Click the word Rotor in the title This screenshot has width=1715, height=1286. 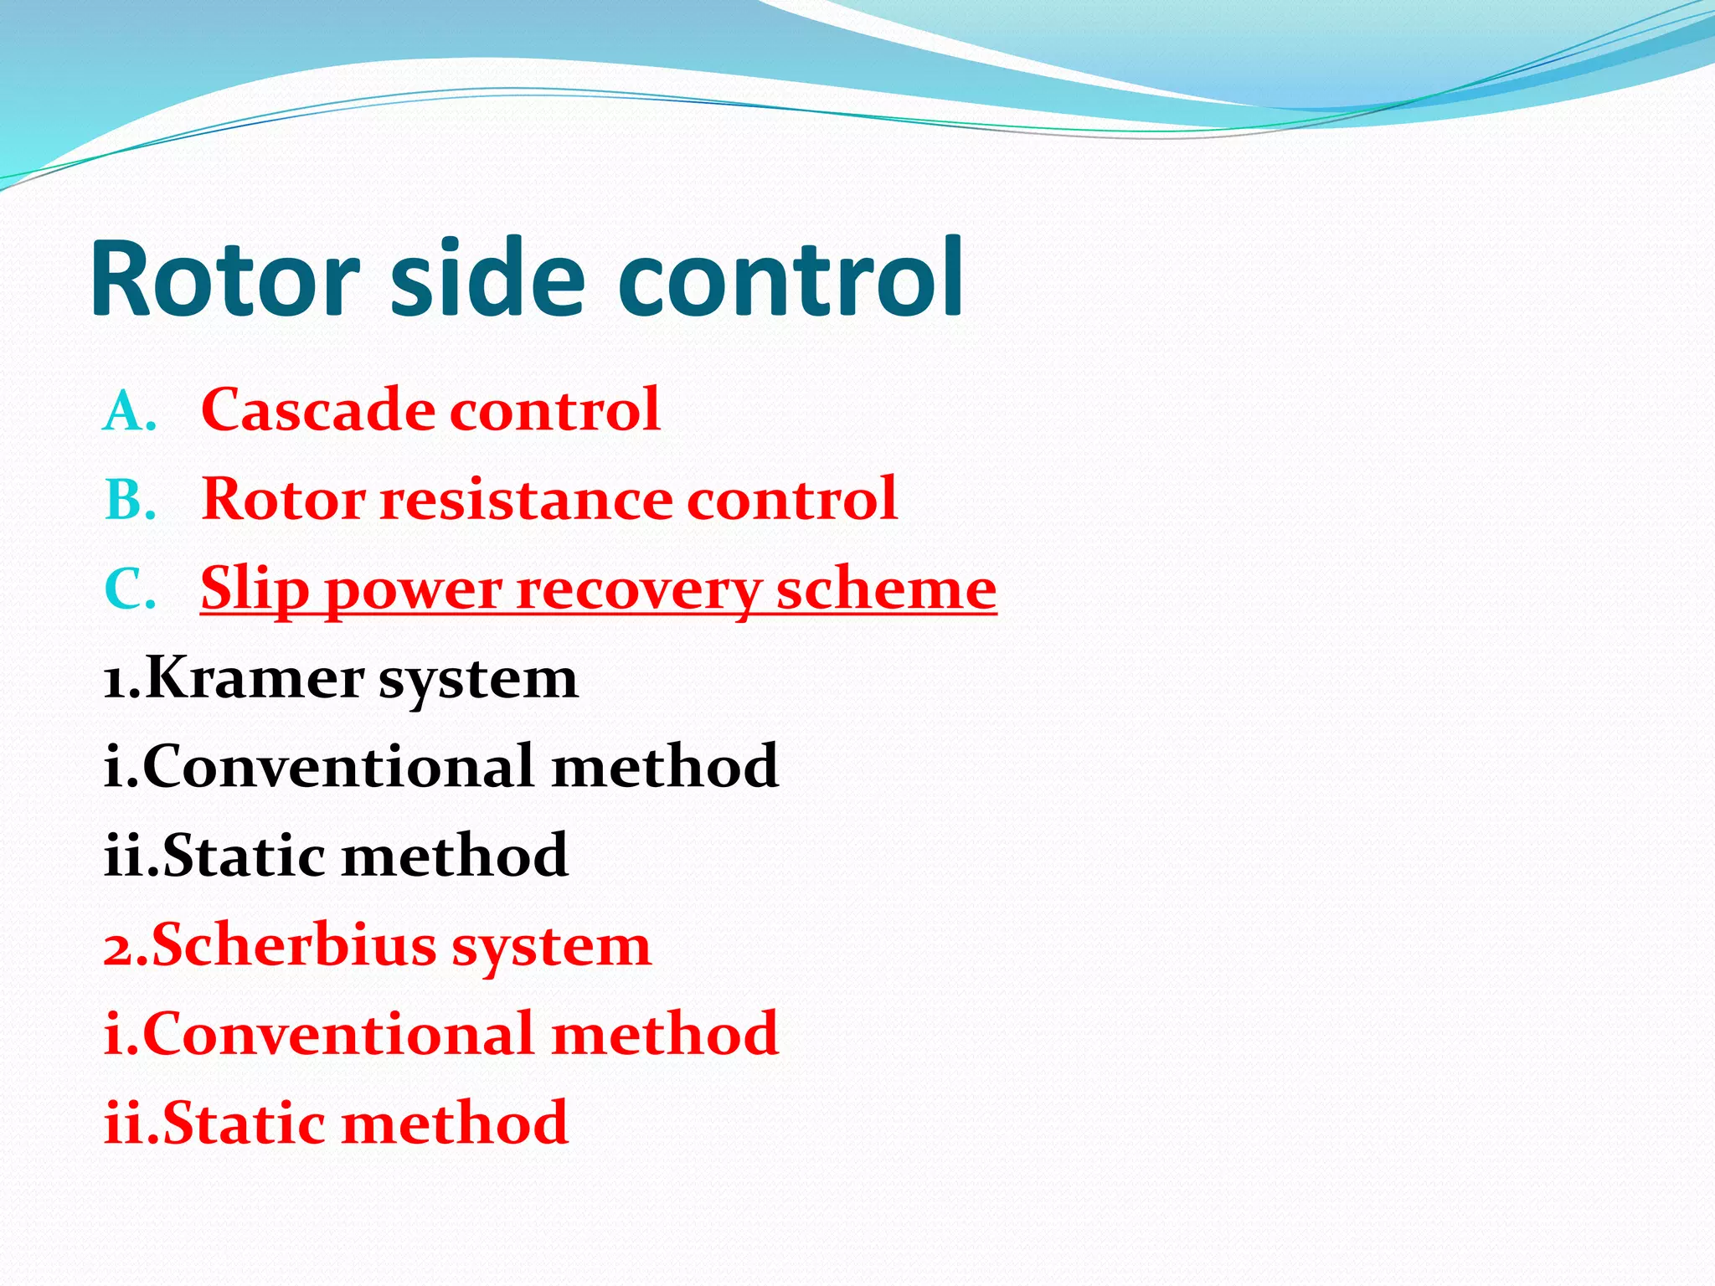(x=224, y=279)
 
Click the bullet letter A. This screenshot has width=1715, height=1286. (x=127, y=413)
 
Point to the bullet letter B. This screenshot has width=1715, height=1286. (x=127, y=502)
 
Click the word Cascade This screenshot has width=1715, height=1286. (x=318, y=410)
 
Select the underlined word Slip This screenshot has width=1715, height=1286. (x=254, y=589)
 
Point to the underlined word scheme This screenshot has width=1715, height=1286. (x=886, y=589)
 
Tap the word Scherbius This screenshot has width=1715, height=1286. (x=294, y=945)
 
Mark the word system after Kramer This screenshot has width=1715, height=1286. (x=478, y=680)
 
